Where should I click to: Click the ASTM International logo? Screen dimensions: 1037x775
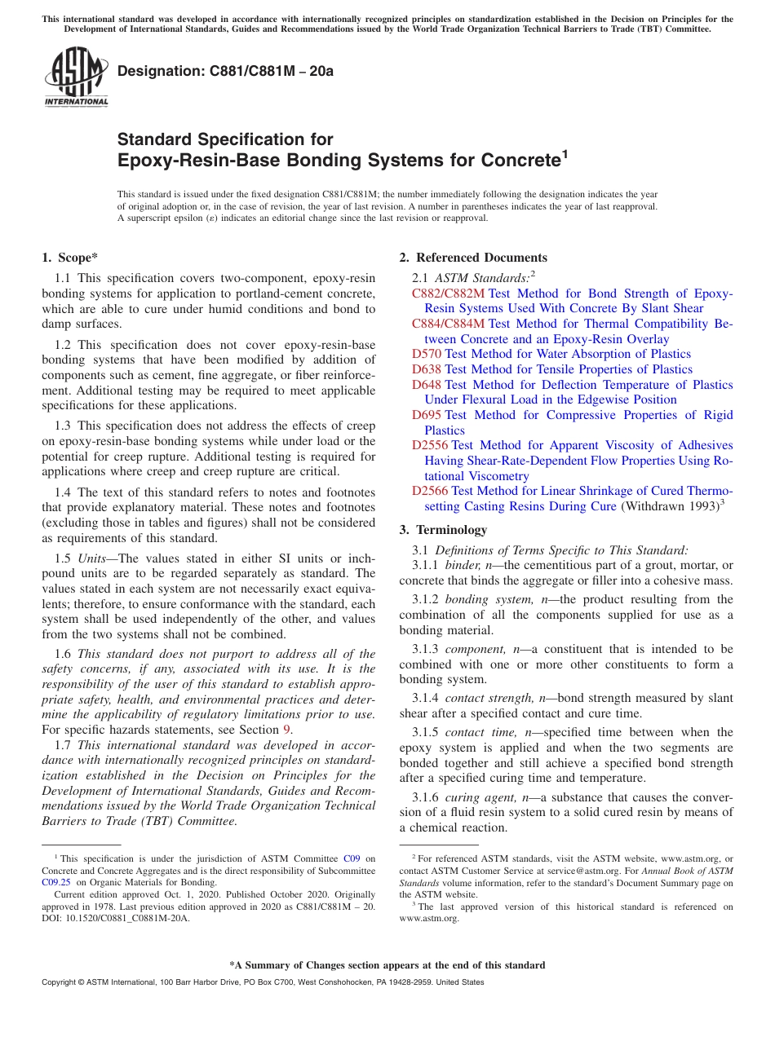point(76,77)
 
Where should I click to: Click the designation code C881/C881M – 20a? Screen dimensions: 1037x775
point(225,71)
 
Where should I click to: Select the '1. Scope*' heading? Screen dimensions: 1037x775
point(70,258)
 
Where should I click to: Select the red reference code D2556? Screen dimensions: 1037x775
point(430,445)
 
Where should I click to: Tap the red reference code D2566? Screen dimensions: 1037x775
point(430,491)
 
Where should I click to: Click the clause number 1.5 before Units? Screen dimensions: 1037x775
point(63,558)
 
